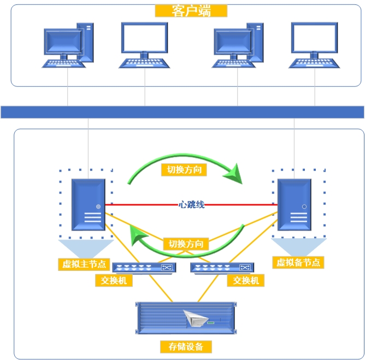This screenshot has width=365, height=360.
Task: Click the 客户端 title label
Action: (x=191, y=11)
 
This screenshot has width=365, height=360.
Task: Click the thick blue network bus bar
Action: (x=182, y=112)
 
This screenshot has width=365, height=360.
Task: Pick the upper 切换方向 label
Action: (x=184, y=170)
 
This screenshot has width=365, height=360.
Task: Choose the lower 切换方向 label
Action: (x=186, y=244)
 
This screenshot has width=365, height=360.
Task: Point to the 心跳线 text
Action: (x=191, y=205)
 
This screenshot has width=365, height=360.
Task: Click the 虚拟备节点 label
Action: (x=298, y=262)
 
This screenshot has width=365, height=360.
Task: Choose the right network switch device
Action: (x=222, y=268)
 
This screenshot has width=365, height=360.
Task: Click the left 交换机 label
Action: (x=114, y=281)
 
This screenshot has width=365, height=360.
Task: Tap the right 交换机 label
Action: (x=246, y=280)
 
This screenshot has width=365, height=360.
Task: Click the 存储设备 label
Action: (x=186, y=346)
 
